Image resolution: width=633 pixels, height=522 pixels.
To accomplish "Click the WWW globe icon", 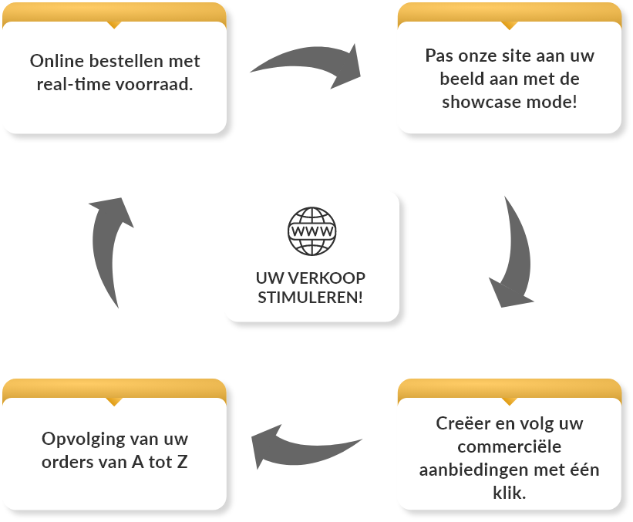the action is [x=311, y=231].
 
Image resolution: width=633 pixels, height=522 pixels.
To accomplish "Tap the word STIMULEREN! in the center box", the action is [x=310, y=298].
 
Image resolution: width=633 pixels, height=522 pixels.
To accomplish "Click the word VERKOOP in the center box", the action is [x=327, y=278].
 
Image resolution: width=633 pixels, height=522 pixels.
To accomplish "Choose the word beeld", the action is [x=462, y=79].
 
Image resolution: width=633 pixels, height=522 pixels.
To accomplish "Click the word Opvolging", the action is [x=80, y=439].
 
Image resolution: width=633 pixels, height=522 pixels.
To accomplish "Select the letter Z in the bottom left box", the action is [x=183, y=462].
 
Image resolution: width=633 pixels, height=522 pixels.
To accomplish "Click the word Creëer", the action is [x=463, y=423].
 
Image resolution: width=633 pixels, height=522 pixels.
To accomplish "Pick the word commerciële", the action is [x=510, y=446].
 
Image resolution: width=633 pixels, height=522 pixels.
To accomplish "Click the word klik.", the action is [x=510, y=493].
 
